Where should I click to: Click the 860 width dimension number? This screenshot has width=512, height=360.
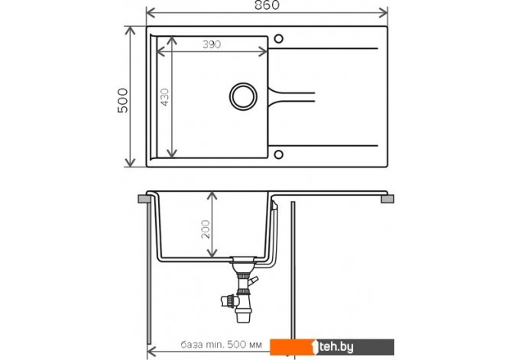(x=267, y=5)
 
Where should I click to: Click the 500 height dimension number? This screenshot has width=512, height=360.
(x=123, y=100)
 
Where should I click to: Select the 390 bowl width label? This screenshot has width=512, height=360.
(x=212, y=44)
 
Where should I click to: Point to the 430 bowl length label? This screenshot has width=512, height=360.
(x=165, y=97)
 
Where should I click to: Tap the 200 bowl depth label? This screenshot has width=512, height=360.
(x=206, y=229)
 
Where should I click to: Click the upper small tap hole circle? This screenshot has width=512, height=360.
(x=278, y=39)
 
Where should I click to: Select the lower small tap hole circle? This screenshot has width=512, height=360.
(x=278, y=154)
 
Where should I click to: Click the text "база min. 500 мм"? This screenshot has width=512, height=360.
(x=221, y=345)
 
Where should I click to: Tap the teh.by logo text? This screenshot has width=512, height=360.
(x=336, y=346)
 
